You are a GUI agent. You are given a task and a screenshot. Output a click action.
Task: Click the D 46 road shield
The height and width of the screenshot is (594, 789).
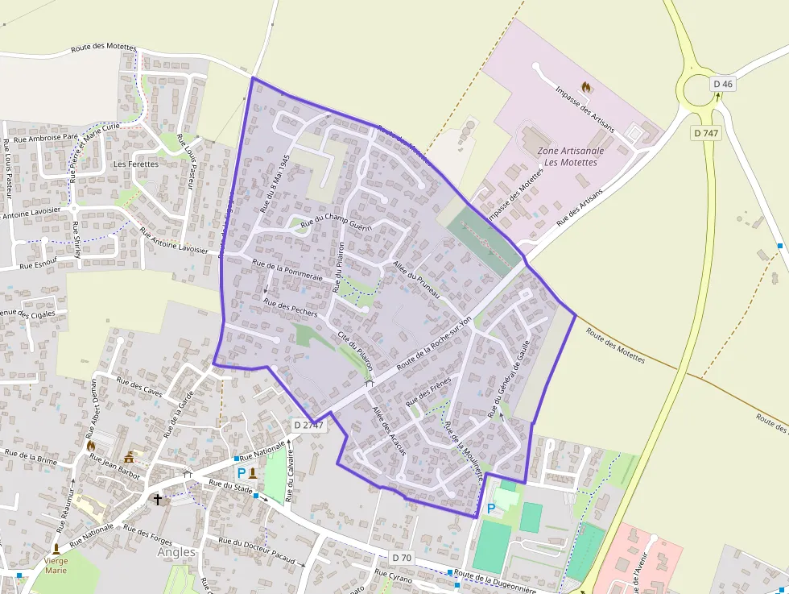coord(723,84)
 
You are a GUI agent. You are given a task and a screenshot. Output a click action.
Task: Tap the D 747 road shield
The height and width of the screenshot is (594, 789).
coord(706,133)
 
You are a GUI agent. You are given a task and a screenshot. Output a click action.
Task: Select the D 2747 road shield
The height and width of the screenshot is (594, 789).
coord(308,425)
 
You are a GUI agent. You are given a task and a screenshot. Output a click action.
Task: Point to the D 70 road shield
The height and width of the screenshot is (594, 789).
coord(403,557)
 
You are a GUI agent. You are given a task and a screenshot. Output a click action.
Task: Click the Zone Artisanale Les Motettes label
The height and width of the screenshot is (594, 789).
coord(571,156)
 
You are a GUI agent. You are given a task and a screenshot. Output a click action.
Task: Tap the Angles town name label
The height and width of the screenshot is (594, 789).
coord(176,552)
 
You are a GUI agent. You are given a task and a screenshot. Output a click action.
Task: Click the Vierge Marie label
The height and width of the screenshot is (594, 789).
coord(56,565)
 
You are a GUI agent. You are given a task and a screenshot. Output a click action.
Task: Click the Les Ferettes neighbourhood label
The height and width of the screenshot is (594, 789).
coord(136,164)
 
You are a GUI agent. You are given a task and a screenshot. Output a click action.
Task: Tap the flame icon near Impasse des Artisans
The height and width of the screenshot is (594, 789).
coord(585,86)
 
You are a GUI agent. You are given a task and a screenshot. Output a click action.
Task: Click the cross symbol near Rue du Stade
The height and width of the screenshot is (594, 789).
coord(158,500)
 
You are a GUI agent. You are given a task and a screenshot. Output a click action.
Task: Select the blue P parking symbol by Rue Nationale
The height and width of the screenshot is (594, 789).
coord(241,474)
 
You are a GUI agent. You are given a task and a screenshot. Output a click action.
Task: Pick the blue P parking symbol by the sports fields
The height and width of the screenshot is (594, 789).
coord(491,509)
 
